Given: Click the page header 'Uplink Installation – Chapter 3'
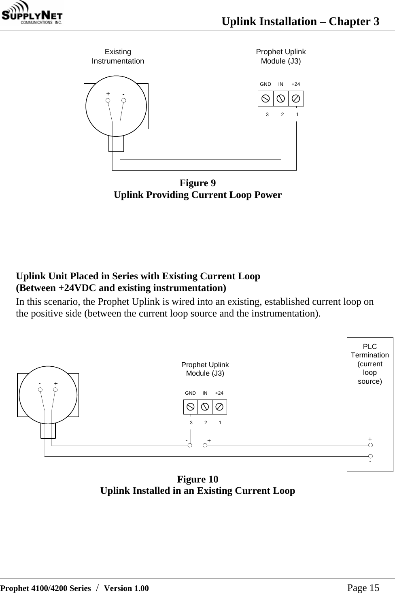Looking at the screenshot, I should click(300, 21).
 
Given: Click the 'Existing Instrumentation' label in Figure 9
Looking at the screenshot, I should click(118, 56).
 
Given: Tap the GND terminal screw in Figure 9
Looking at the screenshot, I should click(265, 98).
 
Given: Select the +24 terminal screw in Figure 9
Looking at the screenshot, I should click(296, 98).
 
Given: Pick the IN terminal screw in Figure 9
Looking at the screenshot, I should click(281, 98).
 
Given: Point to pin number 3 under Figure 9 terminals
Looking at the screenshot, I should click(267, 115).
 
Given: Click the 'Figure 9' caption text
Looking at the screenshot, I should click(197, 183).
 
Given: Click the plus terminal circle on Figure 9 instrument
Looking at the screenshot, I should click(108, 100).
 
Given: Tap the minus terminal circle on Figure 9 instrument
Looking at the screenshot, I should click(123, 100).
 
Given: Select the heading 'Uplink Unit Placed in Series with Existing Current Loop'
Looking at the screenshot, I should click(138, 276).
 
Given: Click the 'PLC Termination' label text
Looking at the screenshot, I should click(370, 351).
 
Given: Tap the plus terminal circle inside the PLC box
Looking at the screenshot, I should click(370, 445).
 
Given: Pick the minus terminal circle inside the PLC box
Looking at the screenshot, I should click(370, 456).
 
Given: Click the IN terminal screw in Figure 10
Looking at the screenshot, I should click(205, 406).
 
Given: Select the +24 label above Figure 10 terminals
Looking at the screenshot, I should click(219, 393).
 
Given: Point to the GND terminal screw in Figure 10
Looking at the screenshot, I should click(191, 406).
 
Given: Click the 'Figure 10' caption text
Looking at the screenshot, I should click(197, 479).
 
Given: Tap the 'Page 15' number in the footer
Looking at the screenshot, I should click(363, 588).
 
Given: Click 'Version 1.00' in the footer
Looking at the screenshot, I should click(126, 588).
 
